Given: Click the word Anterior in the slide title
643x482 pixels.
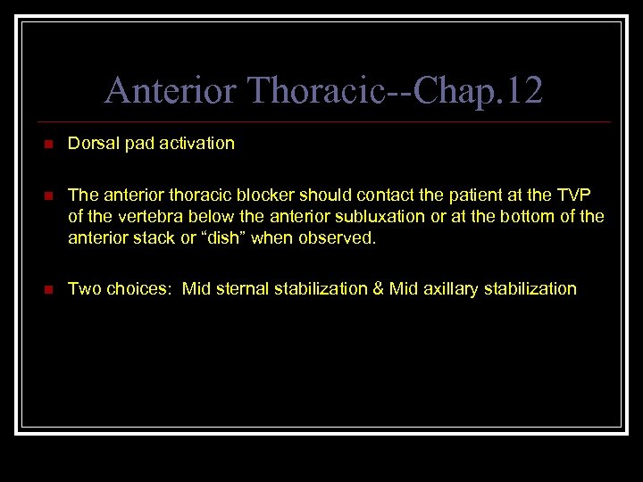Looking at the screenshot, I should pyautogui.click(x=169, y=90).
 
